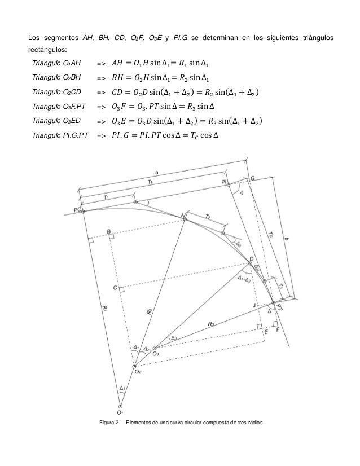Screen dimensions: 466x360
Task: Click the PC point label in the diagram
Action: (77, 210)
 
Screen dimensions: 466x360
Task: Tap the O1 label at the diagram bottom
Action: (120, 412)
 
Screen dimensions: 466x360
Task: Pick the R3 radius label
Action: (210, 324)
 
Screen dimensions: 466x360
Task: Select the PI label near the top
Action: (224, 182)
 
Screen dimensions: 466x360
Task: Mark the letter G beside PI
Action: (252, 178)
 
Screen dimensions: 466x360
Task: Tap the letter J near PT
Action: (254, 305)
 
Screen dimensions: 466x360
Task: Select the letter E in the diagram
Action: (265, 333)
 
